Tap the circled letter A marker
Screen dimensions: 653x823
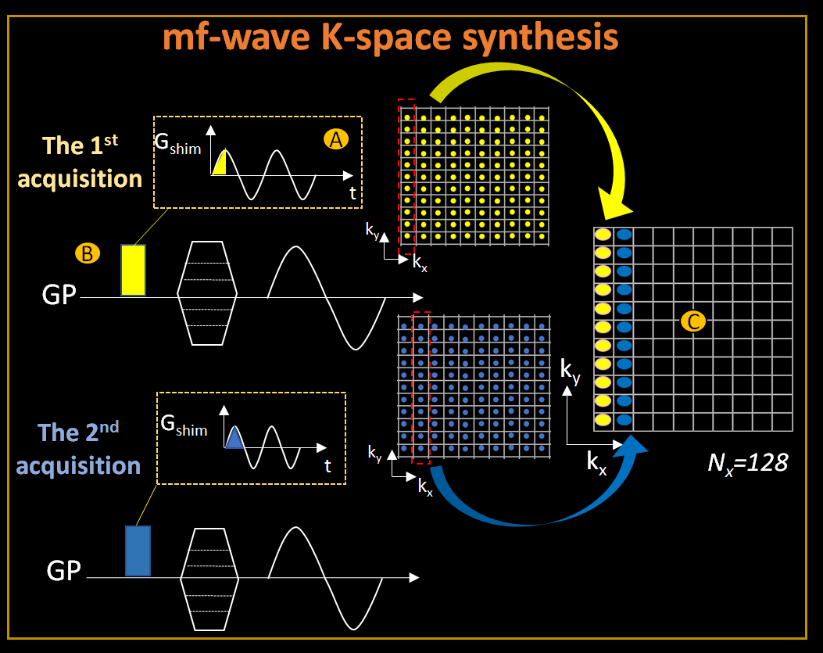[x=335, y=139]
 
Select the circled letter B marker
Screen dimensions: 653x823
[x=86, y=253]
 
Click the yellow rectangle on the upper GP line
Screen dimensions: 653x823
[x=134, y=270]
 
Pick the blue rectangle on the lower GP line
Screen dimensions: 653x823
[x=138, y=551]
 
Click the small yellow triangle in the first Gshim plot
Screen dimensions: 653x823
[x=220, y=164]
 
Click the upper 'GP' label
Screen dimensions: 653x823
[x=59, y=297]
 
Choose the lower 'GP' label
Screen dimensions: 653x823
[x=63, y=571]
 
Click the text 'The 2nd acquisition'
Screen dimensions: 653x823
[x=78, y=450]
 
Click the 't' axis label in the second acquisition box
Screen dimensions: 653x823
[x=328, y=467]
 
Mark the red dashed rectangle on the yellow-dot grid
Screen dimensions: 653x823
[x=406, y=177]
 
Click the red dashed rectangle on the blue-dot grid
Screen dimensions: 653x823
[x=420, y=388]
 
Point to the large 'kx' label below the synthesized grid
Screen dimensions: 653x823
[x=596, y=462]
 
